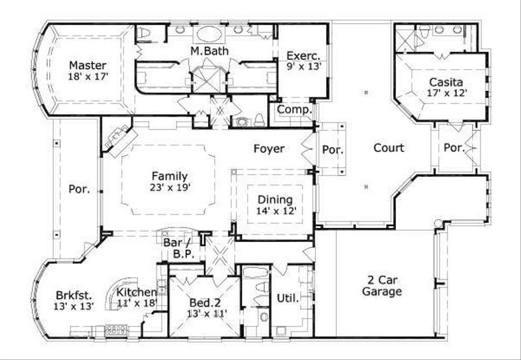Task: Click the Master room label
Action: point(88,65)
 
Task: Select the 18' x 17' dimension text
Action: point(88,76)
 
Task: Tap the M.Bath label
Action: point(209,51)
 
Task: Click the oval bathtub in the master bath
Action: point(209,34)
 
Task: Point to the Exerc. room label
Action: point(303,55)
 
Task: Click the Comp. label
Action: point(294,109)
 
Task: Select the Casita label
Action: point(446,82)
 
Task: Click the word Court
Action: point(389,148)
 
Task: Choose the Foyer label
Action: point(269,148)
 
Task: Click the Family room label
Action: point(169,176)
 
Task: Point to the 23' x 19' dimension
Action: point(169,187)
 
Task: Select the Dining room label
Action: point(275,199)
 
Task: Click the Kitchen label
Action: point(136,292)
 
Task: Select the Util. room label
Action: point(287,298)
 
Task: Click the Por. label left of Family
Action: point(79,189)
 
